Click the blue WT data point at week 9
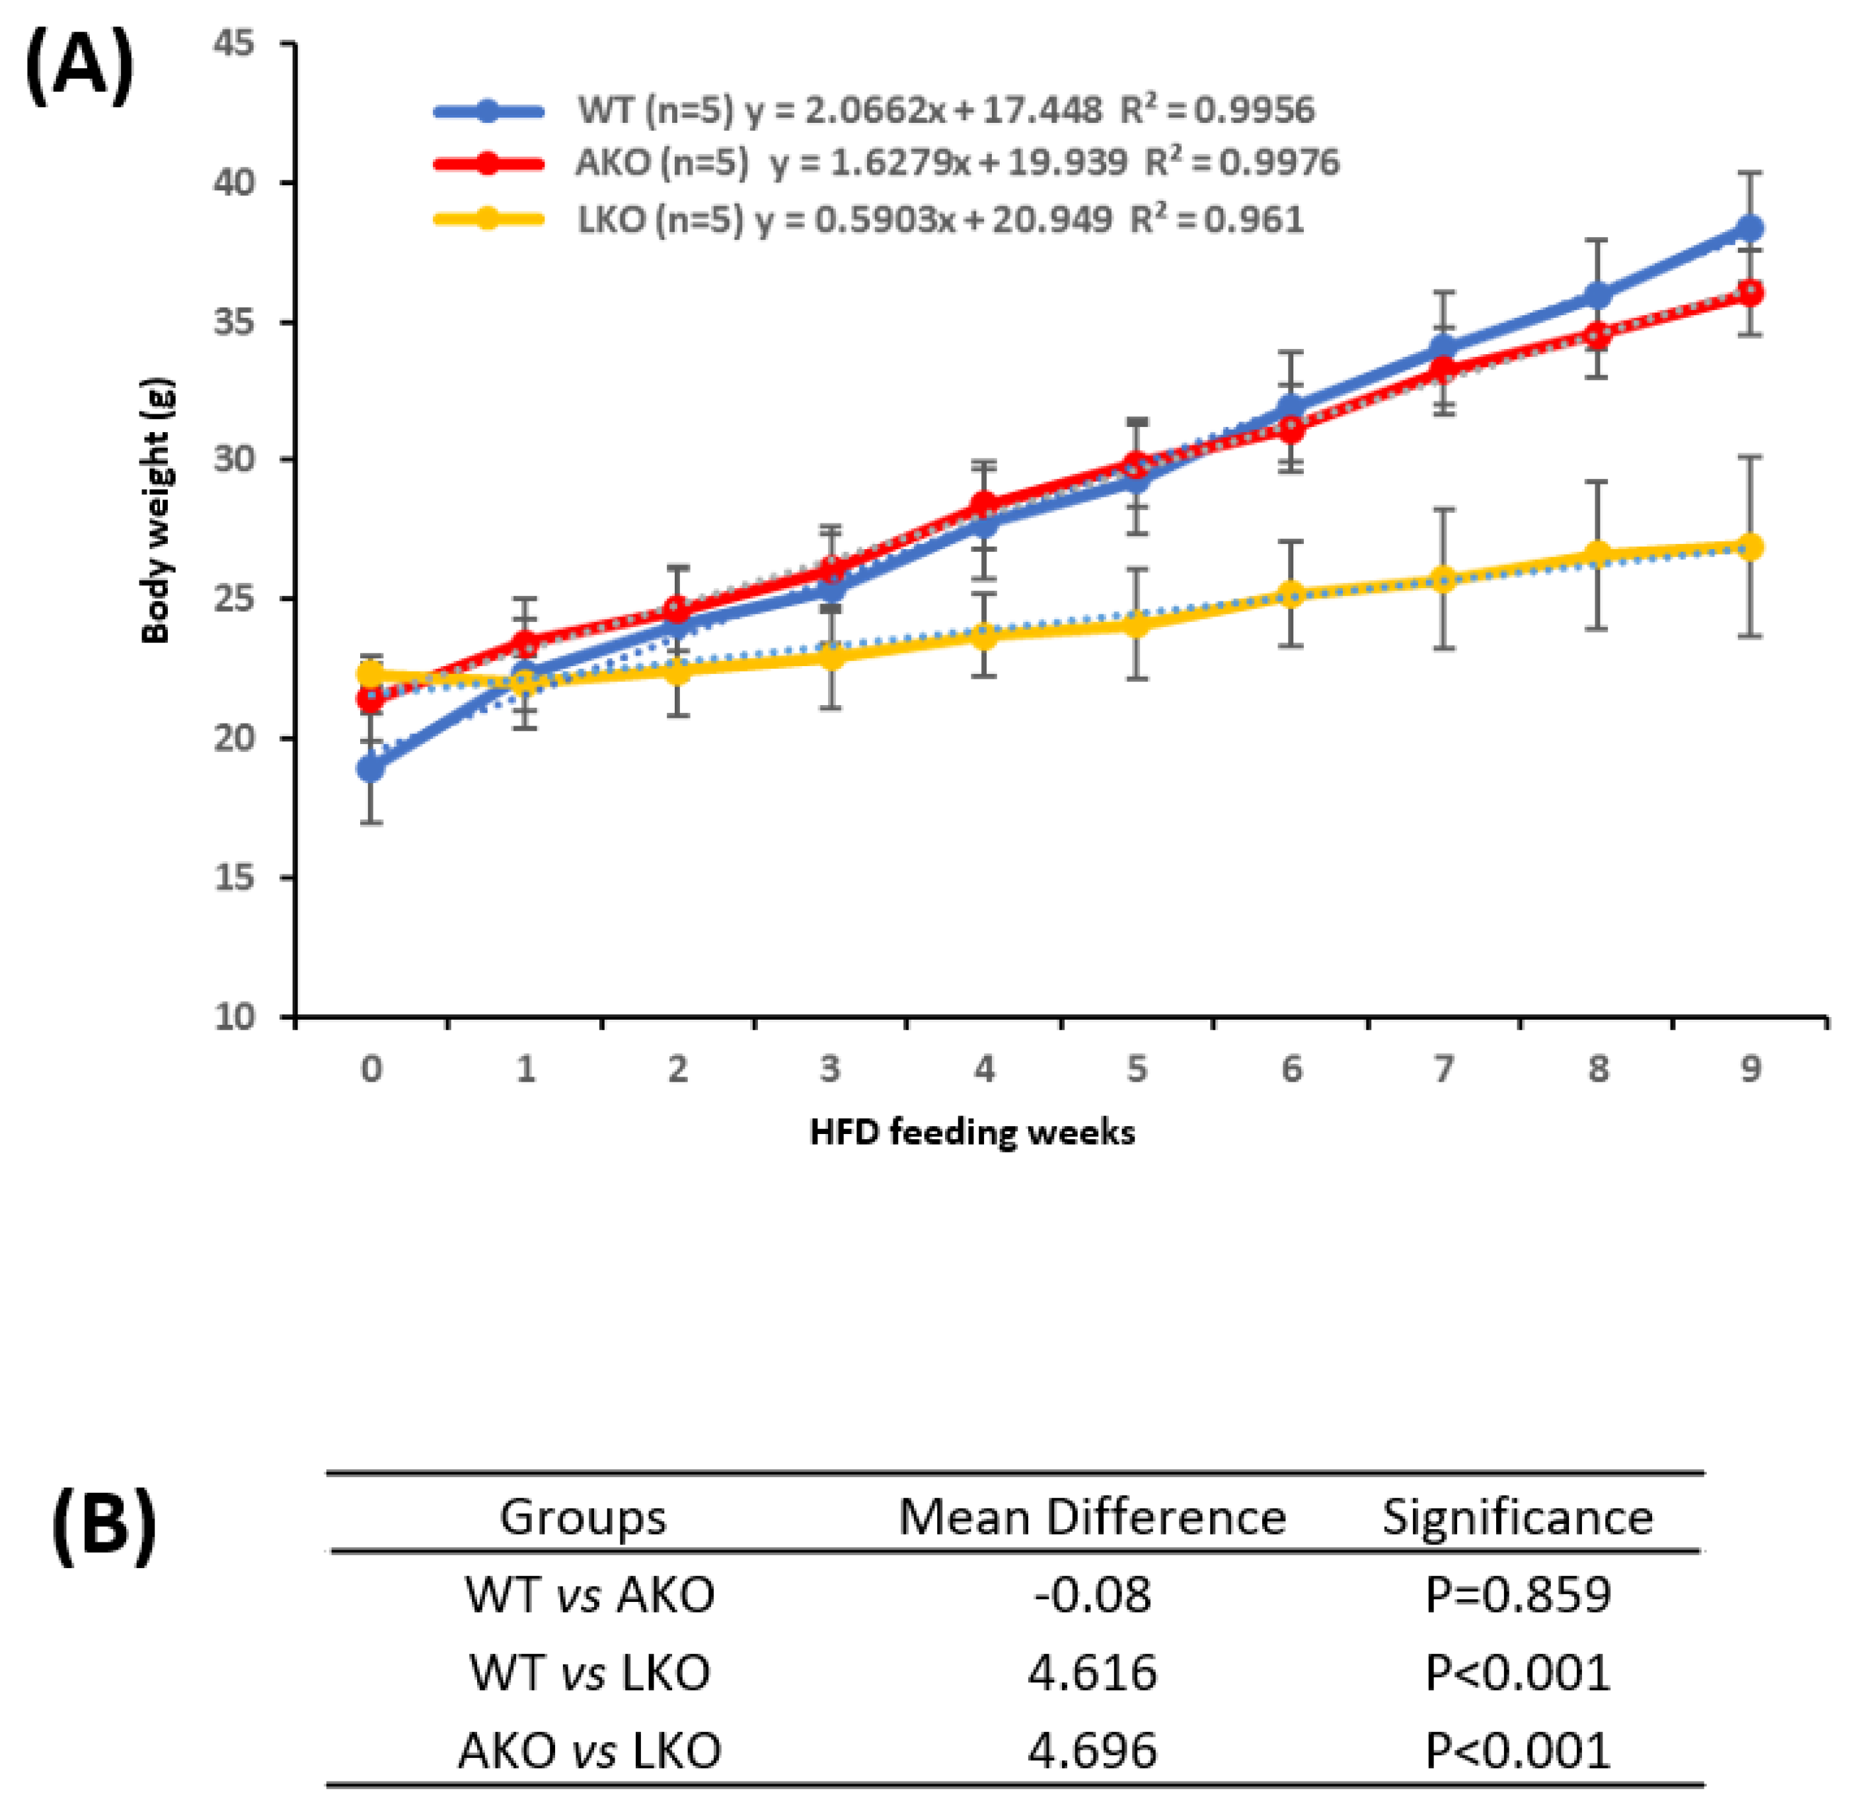pos(1750,229)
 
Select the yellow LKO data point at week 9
pos(1750,547)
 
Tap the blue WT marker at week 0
pos(371,768)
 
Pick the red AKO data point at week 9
pos(1750,293)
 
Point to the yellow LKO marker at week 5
pos(1137,624)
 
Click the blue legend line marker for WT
pos(488,111)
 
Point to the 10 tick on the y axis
pos(234,1017)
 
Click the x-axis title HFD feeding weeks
pos(971,1133)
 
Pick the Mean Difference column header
pos(1092,1517)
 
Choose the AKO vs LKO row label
pos(589,1750)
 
